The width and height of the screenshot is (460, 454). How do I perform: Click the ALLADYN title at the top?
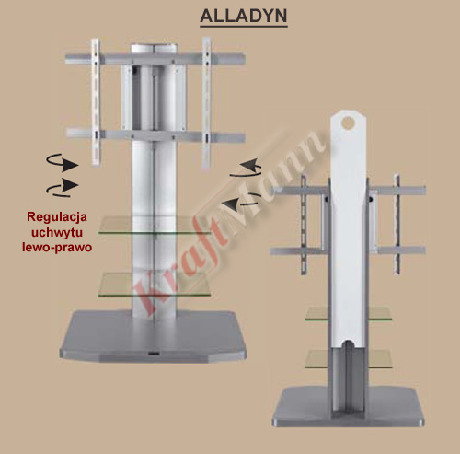tap(244, 16)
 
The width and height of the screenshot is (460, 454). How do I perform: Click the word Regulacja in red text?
tap(57, 217)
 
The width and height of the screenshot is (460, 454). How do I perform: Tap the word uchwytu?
tap(57, 232)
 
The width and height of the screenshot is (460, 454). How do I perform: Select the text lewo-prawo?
tap(57, 247)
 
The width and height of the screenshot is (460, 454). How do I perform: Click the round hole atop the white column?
tap(348, 122)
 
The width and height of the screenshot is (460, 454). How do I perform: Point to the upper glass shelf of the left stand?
tap(155, 226)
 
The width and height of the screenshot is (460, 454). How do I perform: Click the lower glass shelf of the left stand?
tap(155, 285)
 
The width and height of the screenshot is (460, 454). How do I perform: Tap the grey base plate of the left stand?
tap(153, 336)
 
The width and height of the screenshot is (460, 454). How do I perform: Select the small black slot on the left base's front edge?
tap(153, 354)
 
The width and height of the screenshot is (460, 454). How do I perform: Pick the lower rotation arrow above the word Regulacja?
tap(63, 188)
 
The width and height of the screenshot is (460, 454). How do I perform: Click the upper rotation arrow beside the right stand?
tap(247, 169)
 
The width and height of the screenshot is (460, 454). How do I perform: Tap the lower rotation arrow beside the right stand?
tap(241, 201)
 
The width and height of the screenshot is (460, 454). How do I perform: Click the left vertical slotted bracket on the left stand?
tap(96, 102)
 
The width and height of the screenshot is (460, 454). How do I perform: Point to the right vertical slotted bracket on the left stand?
tap(206, 102)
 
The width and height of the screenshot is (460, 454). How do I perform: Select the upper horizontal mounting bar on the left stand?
tap(155, 59)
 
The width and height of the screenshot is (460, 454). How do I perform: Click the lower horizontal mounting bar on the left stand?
tap(155, 135)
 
